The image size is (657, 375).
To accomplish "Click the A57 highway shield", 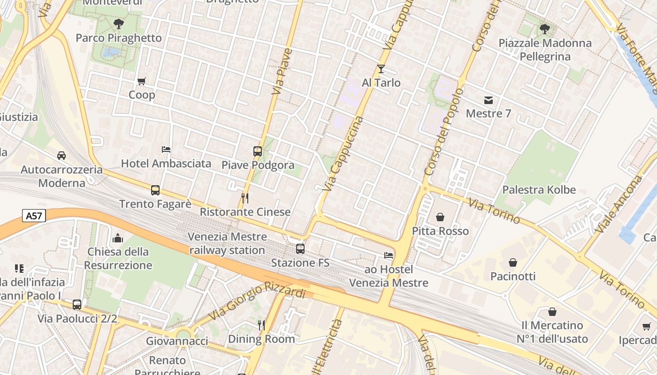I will (x=34, y=216).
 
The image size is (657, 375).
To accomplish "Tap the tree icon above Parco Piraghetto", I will (x=119, y=23).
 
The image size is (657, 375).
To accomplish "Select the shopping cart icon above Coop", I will (x=142, y=81).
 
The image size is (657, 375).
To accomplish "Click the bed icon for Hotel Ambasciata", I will (x=166, y=150).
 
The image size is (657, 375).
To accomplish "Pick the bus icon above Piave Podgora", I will (x=258, y=151).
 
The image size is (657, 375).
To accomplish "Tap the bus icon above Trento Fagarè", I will (x=155, y=190).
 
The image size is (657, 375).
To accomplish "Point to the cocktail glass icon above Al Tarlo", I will (x=381, y=69).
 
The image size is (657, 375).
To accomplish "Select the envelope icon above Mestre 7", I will (x=489, y=100).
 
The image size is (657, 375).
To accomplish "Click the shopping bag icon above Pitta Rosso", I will (x=440, y=217).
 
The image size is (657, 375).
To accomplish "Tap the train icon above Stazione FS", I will (x=300, y=249).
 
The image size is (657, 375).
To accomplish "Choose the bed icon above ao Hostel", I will (x=389, y=255).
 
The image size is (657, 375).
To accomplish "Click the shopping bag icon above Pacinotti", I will (x=513, y=262).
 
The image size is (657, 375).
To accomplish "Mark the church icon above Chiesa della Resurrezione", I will (x=118, y=238).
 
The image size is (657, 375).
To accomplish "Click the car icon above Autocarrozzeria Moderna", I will (x=61, y=156).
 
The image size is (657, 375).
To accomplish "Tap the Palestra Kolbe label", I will (x=539, y=190).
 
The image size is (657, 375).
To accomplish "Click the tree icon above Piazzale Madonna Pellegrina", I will (x=545, y=29).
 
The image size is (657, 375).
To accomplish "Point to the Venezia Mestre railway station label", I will (x=227, y=243).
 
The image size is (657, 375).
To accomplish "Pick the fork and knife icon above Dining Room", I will (x=261, y=325).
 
